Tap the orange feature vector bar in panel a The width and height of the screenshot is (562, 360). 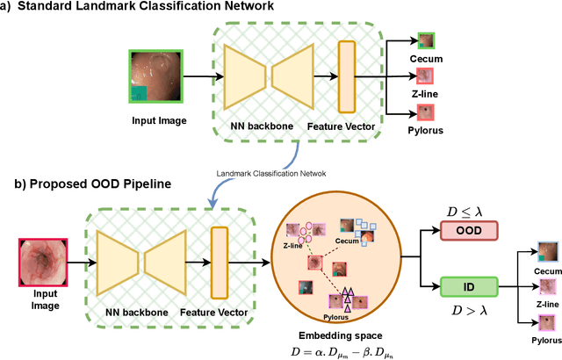[x=347, y=78]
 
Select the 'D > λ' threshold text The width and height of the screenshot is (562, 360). [x=468, y=308]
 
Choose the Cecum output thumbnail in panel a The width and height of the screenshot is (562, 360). [x=426, y=40]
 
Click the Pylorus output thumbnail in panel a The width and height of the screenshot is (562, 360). [x=426, y=112]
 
